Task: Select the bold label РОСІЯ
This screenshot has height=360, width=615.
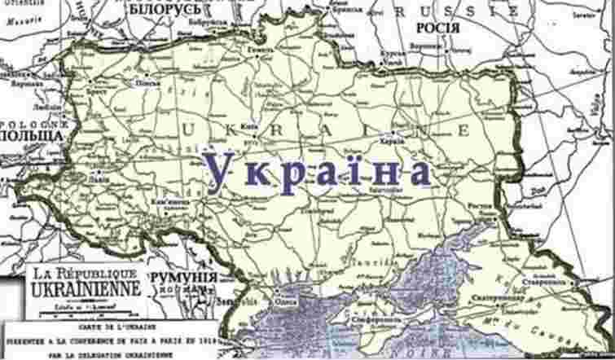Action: point(437,28)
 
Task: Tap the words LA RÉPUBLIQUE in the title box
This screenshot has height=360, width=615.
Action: point(78,273)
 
